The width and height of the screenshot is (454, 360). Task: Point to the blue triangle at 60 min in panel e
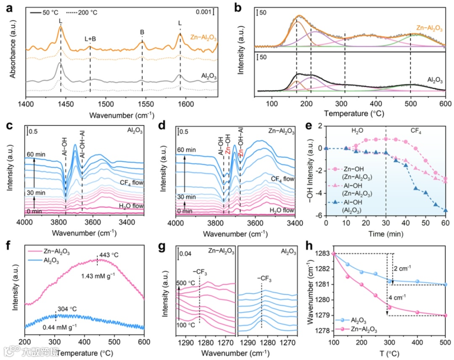coord(445,210)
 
